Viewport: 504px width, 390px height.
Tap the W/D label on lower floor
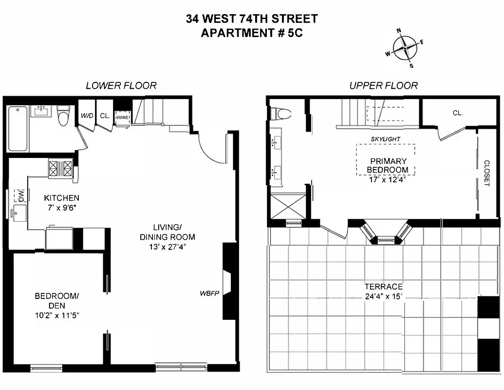87,116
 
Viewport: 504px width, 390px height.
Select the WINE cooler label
122,117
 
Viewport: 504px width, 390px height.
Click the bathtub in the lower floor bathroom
19,129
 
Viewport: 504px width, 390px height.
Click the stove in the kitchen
61,169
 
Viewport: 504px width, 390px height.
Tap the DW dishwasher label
20,195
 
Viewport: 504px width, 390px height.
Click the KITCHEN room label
61,198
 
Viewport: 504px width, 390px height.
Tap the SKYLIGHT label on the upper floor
385,139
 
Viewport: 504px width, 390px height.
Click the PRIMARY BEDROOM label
388,165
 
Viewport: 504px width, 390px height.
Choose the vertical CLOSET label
486,173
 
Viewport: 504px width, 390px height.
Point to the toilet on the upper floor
281,115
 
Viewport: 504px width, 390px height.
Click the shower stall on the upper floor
287,206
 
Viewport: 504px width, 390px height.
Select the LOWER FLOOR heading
121,85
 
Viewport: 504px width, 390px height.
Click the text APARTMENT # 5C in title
252,33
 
